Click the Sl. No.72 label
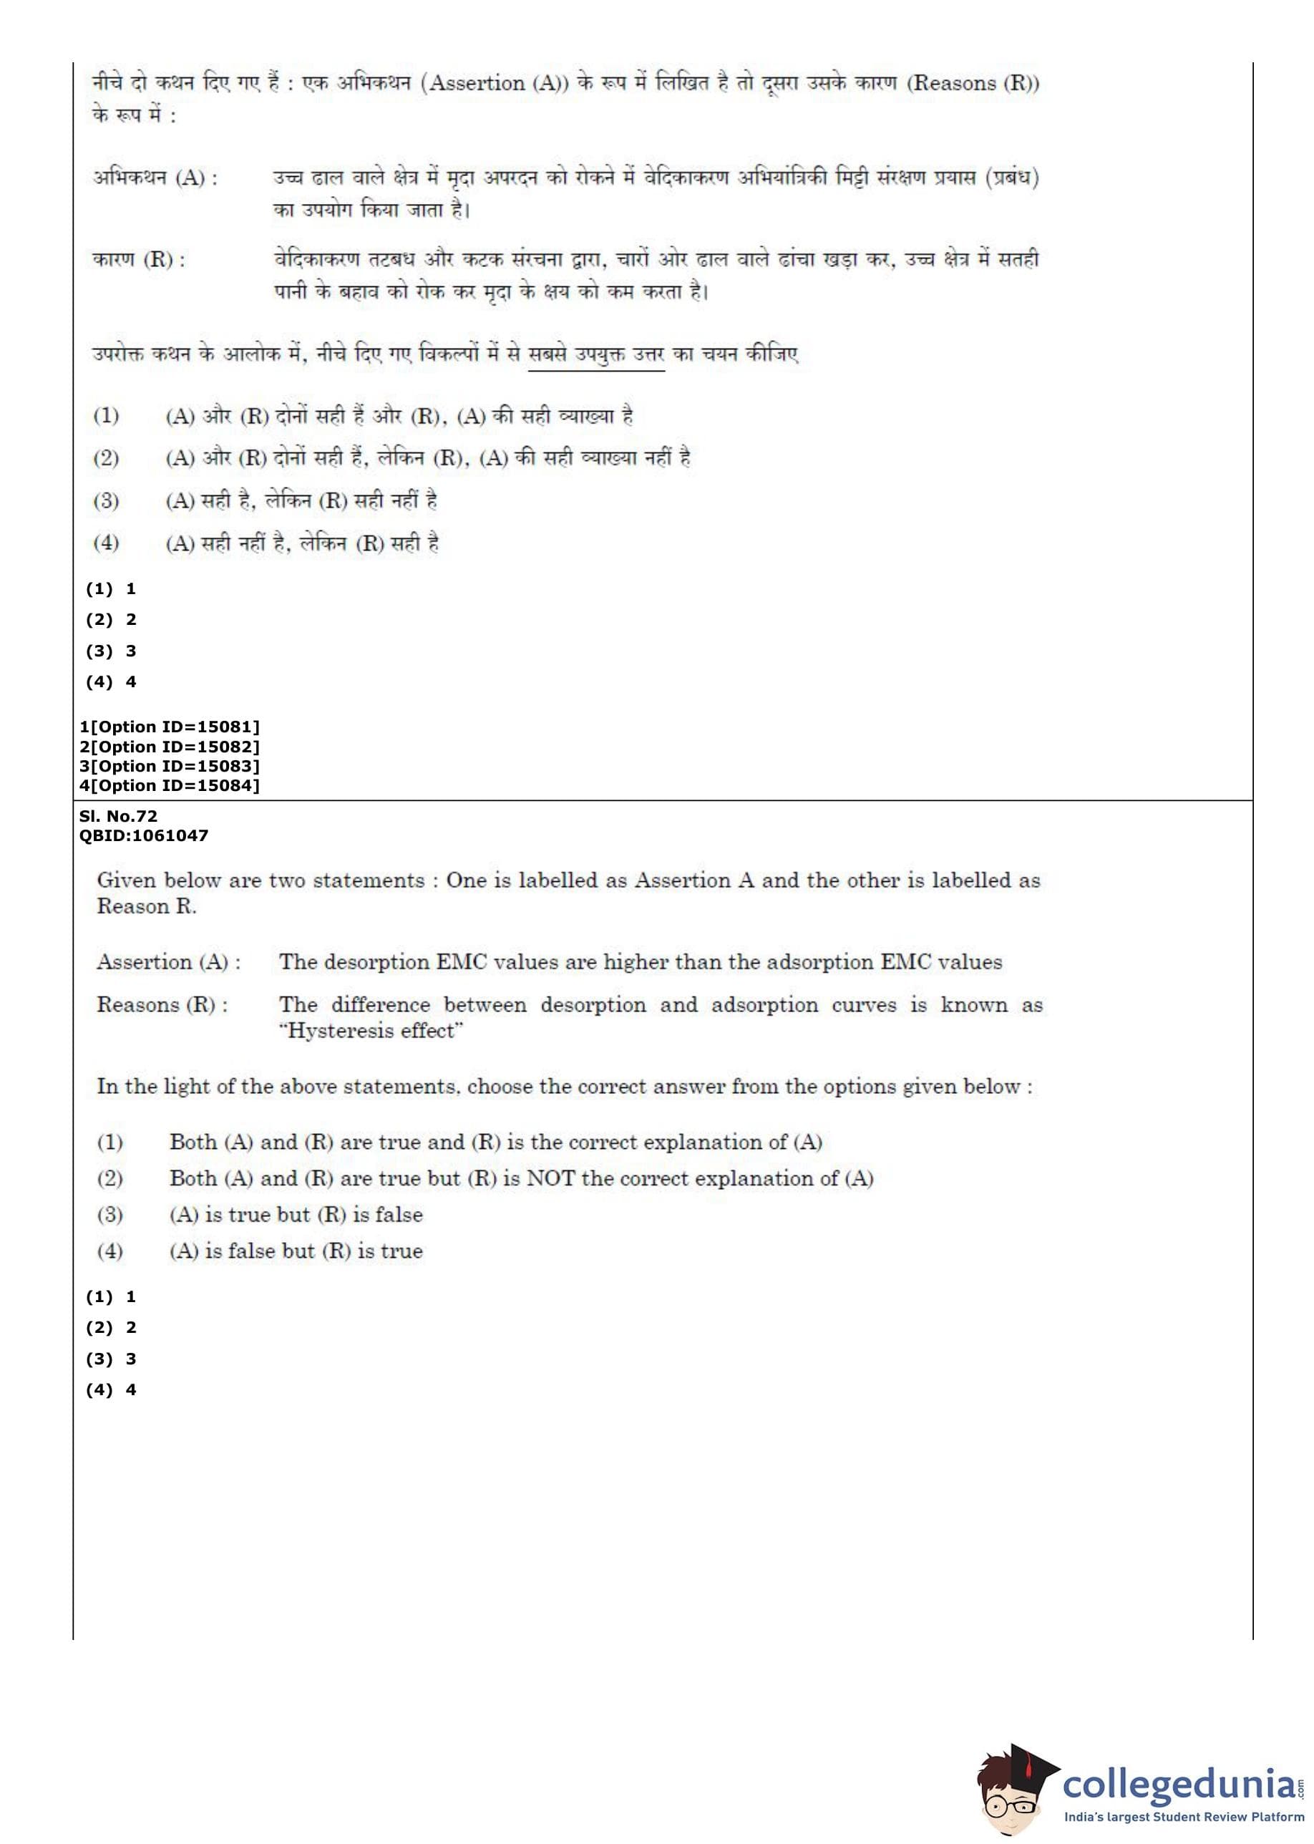tap(118, 816)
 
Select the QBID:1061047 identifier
tap(143, 836)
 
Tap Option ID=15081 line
tap(169, 727)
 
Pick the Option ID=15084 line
tap(169, 786)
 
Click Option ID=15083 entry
tap(169, 766)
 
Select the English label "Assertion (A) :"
tap(168, 962)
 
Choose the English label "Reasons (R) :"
tap(162, 1005)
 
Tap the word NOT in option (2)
tap(550, 1178)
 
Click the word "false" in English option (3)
tap(399, 1215)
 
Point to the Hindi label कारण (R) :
tap(138, 261)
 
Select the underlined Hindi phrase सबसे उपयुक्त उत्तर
tap(595, 355)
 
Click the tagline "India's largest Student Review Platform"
tap(1184, 1818)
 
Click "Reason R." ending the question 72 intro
tap(147, 906)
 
